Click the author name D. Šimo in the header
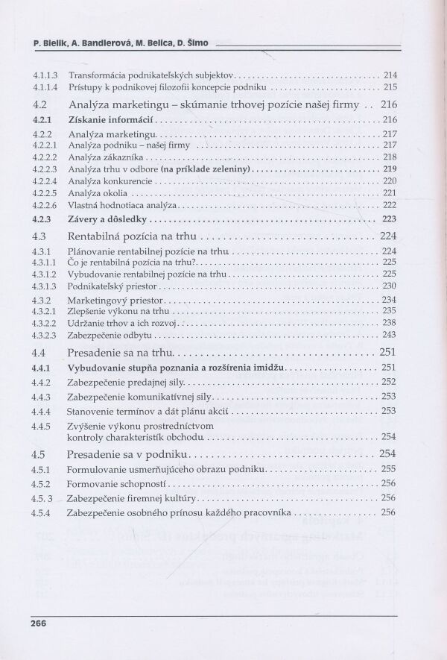click(192, 45)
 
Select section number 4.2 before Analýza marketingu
click(42, 104)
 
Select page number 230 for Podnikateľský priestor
click(389, 286)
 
